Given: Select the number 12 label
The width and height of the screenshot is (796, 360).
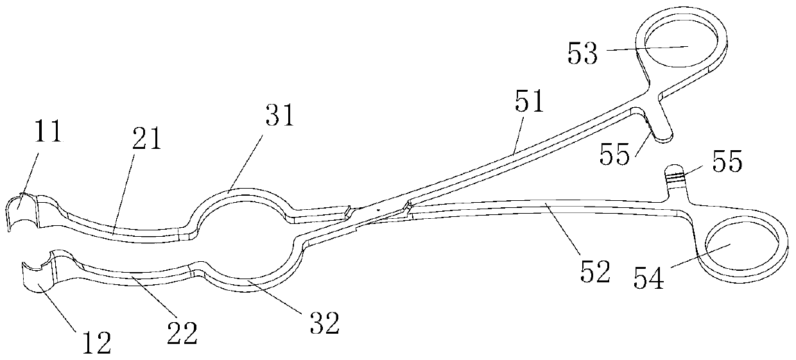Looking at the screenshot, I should [96, 342].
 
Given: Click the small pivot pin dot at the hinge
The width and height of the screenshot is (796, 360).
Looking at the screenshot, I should [379, 209].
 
